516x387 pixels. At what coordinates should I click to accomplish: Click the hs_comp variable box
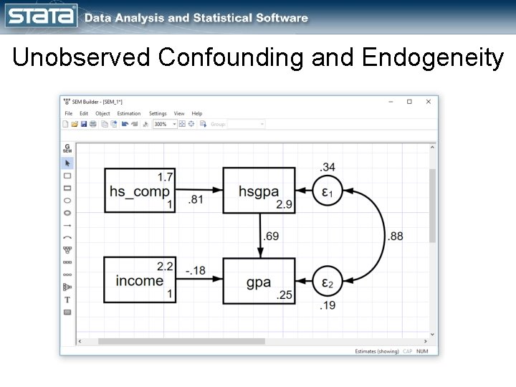coord(140,191)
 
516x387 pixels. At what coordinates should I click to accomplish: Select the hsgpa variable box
coord(259,191)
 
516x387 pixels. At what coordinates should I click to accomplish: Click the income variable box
coord(140,280)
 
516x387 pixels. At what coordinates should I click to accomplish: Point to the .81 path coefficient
coord(195,200)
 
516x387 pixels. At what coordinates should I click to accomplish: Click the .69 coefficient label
coord(272,235)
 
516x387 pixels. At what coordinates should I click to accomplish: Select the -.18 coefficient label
coord(194,270)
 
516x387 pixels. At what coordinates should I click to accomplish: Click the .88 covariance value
coord(395,236)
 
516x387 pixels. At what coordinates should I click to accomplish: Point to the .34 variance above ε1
coord(328,167)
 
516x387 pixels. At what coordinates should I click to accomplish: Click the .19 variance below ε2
coord(328,306)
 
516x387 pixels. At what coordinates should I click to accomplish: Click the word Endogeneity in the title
coord(433,58)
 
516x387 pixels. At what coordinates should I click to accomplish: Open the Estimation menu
coord(129,113)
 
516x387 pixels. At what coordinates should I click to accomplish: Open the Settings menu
coord(158,113)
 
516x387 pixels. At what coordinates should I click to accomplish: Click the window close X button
coord(429,102)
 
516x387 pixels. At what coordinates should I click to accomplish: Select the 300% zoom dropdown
coord(163,124)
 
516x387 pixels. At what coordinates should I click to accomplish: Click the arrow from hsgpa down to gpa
coord(259,235)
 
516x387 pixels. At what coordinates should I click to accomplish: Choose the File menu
coord(69,113)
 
